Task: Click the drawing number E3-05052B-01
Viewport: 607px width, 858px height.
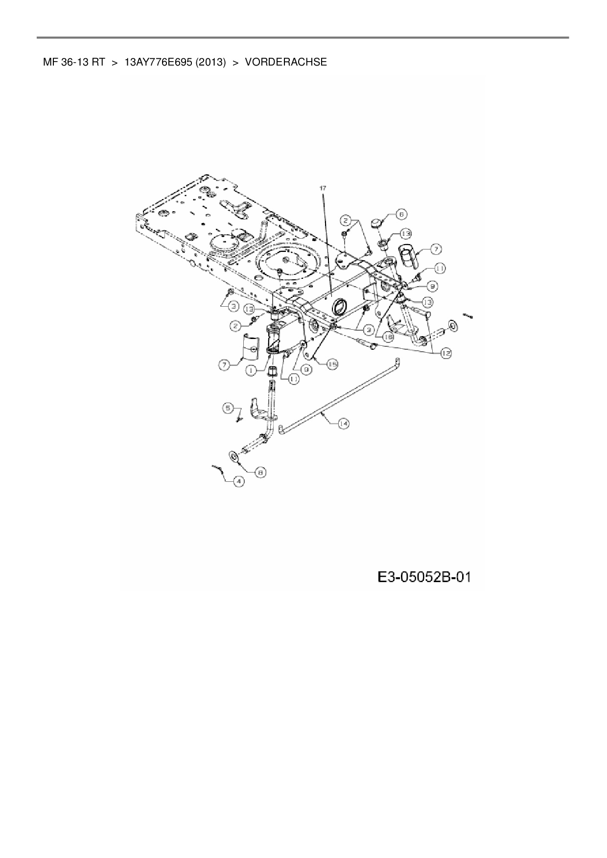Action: coord(424,578)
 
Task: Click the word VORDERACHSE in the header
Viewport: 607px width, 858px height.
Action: coord(285,62)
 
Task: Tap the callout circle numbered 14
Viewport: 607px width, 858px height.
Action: coord(343,424)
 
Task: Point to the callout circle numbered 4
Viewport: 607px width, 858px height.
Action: coord(238,481)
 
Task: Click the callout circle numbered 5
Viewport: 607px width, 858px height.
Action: coord(228,407)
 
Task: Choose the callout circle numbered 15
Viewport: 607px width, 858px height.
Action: coord(332,364)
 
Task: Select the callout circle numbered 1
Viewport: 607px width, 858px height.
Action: coord(251,371)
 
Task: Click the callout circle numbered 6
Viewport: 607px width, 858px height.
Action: coord(401,214)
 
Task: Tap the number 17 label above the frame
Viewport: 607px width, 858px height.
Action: coord(323,188)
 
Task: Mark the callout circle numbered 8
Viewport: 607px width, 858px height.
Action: coord(260,473)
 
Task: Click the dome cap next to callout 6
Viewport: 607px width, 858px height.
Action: coord(376,223)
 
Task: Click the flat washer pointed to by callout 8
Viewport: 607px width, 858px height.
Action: coord(233,457)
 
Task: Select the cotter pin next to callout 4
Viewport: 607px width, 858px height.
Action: coord(218,468)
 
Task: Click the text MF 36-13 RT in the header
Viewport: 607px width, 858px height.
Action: coord(73,62)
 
